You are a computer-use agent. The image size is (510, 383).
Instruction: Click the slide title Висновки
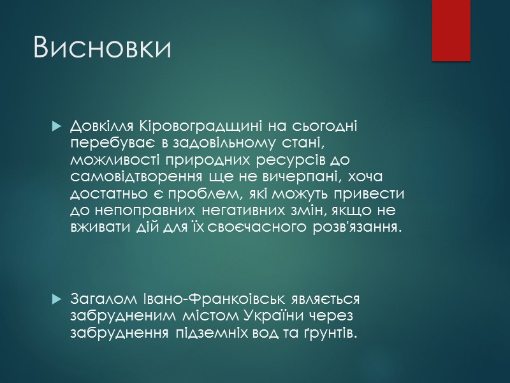pos(102,49)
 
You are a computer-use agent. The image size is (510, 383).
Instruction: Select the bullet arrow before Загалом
pos(55,299)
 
